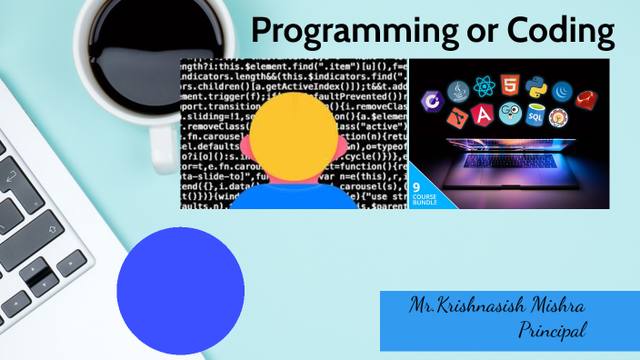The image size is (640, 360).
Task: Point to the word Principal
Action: click(552, 329)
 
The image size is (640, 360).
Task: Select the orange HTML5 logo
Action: click(510, 87)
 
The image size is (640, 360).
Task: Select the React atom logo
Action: click(484, 87)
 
